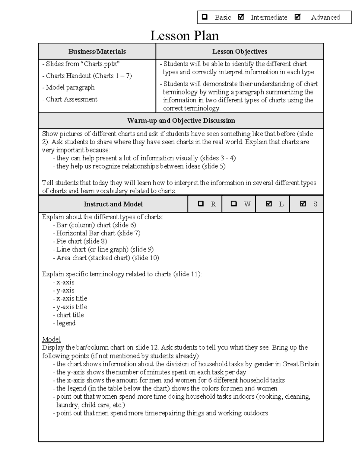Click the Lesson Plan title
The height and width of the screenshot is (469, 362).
coord(184,36)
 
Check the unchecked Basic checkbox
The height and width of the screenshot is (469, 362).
coord(205,17)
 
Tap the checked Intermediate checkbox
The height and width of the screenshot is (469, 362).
coord(241,17)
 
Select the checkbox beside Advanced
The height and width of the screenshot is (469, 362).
coord(297,17)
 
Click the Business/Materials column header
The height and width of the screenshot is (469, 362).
coord(97,52)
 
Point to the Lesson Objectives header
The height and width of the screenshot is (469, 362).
coord(240,52)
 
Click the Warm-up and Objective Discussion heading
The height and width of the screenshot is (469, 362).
coord(181,121)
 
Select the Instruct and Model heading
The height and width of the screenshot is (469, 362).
coord(113,204)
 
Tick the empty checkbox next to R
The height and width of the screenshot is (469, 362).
coord(201,204)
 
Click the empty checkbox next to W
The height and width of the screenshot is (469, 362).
coord(233,204)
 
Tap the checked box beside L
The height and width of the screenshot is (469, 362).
coord(269,204)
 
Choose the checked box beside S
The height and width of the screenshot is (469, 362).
coord(303,204)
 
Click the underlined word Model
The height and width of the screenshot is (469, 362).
coord(51,339)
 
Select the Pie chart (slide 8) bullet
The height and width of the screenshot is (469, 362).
coord(81,241)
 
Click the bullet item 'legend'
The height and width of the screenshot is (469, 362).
coord(66,323)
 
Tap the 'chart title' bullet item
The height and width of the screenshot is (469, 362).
coord(70,315)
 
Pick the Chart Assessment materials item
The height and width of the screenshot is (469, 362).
coord(71,99)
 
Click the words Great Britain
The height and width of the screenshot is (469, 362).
coord(300,364)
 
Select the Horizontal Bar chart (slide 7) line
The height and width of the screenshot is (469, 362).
coord(98,233)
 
